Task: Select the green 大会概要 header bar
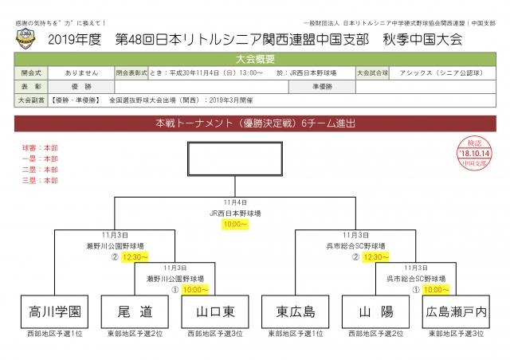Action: pyautogui.click(x=255, y=59)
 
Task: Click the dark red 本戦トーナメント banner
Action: pyautogui.click(x=255, y=124)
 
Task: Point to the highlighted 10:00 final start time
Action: pyautogui.click(x=235, y=225)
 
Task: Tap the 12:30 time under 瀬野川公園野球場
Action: pyautogui.click(x=134, y=257)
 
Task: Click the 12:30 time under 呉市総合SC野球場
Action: pyautogui.click(x=376, y=257)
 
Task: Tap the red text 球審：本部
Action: pyautogui.click(x=40, y=148)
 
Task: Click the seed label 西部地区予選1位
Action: pyautogui.click(x=54, y=333)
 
